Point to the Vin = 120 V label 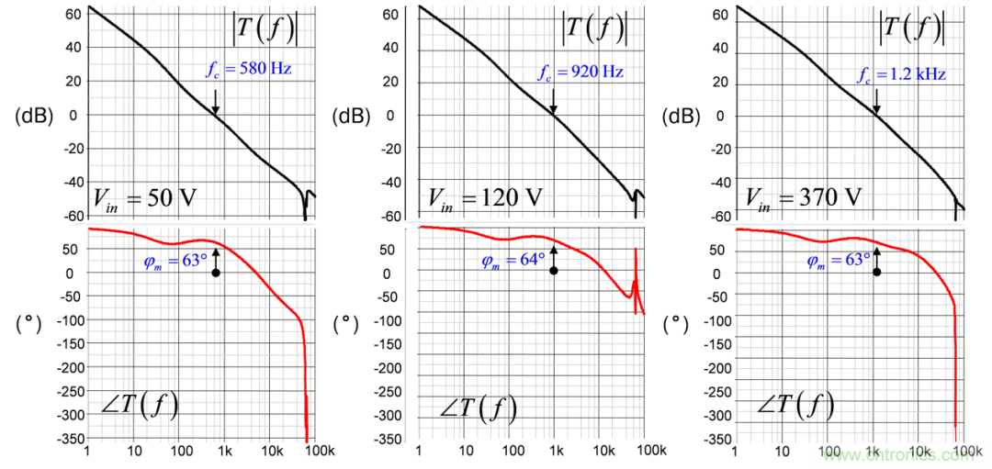coord(479,196)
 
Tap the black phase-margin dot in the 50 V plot coord(216,273)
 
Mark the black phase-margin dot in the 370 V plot coord(877,272)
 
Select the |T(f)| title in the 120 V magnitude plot coord(593,28)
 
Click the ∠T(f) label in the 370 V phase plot coord(795,405)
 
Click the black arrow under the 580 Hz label coord(216,99)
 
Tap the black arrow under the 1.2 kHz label coord(877,99)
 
